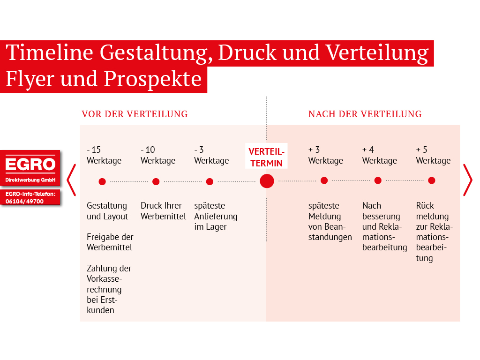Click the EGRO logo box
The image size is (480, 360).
point(30,168)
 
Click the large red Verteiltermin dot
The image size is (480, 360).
point(267,181)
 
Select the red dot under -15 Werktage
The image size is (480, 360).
point(102,182)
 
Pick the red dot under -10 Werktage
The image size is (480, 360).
point(156,182)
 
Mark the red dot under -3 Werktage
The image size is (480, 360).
point(210,182)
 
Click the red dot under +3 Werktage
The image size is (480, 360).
point(324,180)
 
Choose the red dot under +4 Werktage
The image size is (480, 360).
point(378,180)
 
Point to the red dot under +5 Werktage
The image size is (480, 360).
point(432,180)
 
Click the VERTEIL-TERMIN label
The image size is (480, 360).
point(266,157)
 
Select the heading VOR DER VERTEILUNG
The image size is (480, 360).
point(135,114)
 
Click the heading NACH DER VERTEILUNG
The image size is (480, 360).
point(365,114)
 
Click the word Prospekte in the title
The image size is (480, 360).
point(152,79)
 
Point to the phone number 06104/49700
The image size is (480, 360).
point(24,202)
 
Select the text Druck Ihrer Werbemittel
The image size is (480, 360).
point(163,211)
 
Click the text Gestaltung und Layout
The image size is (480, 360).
point(107,211)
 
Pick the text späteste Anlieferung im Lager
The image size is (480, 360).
point(216,216)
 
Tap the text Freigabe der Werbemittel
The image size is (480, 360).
point(110,242)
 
